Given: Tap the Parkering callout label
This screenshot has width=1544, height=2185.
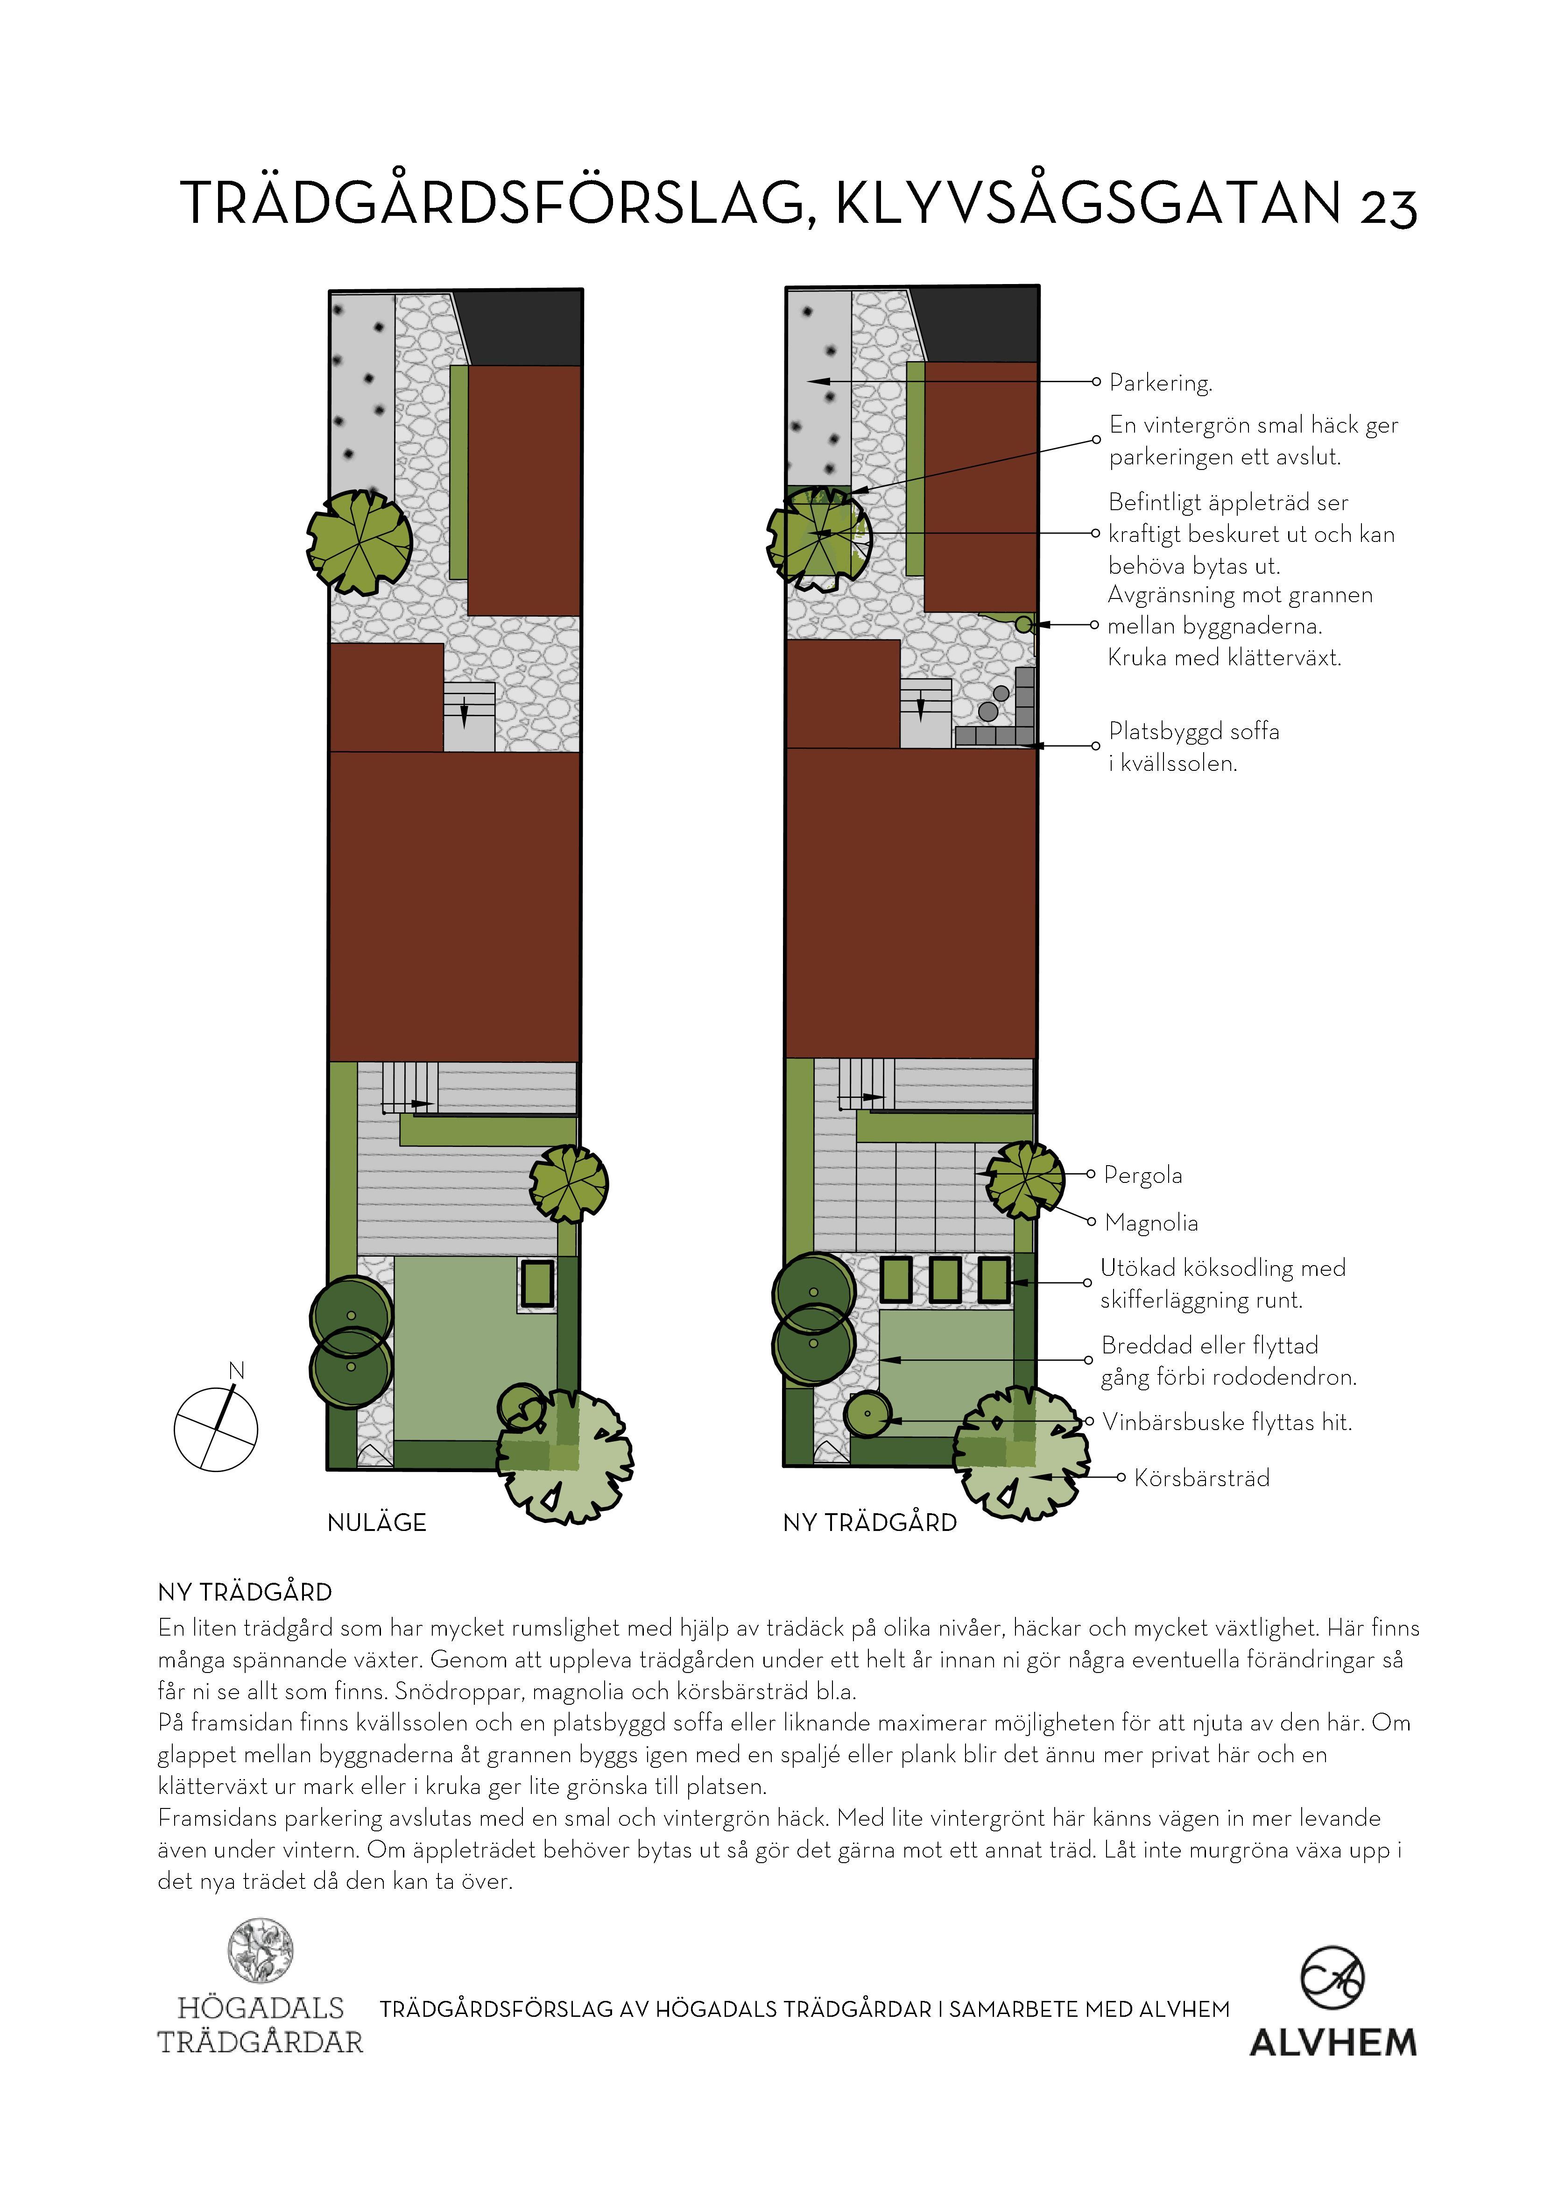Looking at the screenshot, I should pos(1160,384).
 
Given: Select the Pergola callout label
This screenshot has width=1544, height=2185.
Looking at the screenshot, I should pos(1142,1175).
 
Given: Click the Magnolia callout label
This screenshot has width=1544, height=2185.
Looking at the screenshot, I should pos(1151,1223).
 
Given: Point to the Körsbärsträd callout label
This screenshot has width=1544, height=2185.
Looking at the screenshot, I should pos(1201,1478).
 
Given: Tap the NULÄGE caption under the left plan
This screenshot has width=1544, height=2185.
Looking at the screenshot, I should pos(377,1523).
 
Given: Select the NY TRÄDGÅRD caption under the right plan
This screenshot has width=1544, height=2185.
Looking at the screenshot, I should pos(869,1523).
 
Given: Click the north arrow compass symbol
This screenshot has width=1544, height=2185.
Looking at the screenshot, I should pos(216,1430).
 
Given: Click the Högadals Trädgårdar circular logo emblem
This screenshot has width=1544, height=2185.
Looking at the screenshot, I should pos(260,1950).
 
